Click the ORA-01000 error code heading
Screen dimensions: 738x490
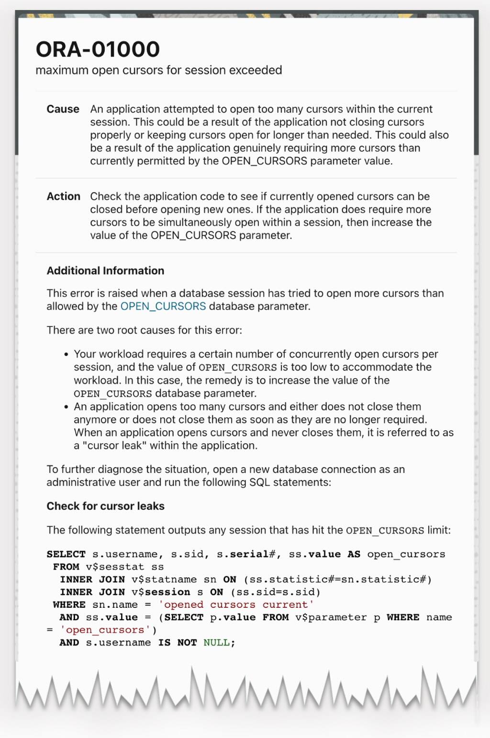[98, 49]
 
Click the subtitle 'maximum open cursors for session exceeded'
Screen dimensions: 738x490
[158, 70]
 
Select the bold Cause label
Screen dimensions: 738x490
[63, 109]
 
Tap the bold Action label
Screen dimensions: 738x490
[63, 196]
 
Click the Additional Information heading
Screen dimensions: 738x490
[105, 270]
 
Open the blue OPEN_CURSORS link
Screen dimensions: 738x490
[163, 306]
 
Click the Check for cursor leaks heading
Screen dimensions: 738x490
[105, 506]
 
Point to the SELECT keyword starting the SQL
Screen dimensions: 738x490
[66, 554]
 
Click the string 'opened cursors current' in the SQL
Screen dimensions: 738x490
[236, 605]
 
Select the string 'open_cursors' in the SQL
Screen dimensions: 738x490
[108, 630]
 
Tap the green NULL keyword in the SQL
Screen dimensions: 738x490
[216, 643]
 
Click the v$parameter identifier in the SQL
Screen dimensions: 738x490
[331, 617]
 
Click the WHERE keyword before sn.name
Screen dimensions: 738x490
[69, 605]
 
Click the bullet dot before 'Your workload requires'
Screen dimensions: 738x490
[67, 355]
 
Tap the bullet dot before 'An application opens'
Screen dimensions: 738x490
[67, 407]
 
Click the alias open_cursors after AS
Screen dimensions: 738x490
[406, 554]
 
